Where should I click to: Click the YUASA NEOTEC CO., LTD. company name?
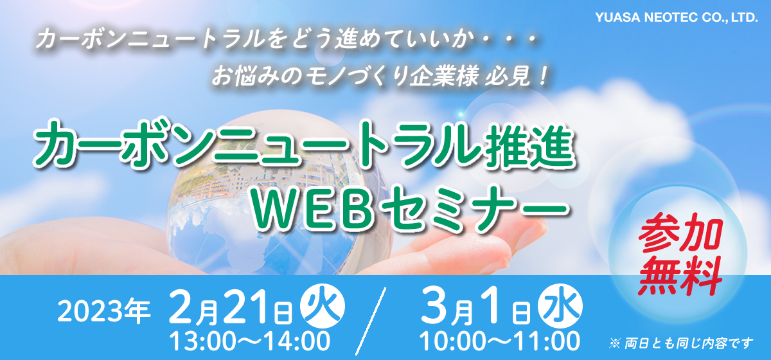677,17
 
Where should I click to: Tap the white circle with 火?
323,306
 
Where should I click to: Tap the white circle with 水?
561,306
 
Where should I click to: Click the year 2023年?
104,312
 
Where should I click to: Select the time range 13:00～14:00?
250,341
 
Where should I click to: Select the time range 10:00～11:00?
500,341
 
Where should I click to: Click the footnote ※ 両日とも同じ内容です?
680,343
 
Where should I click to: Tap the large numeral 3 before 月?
434,306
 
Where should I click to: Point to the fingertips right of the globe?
517,238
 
